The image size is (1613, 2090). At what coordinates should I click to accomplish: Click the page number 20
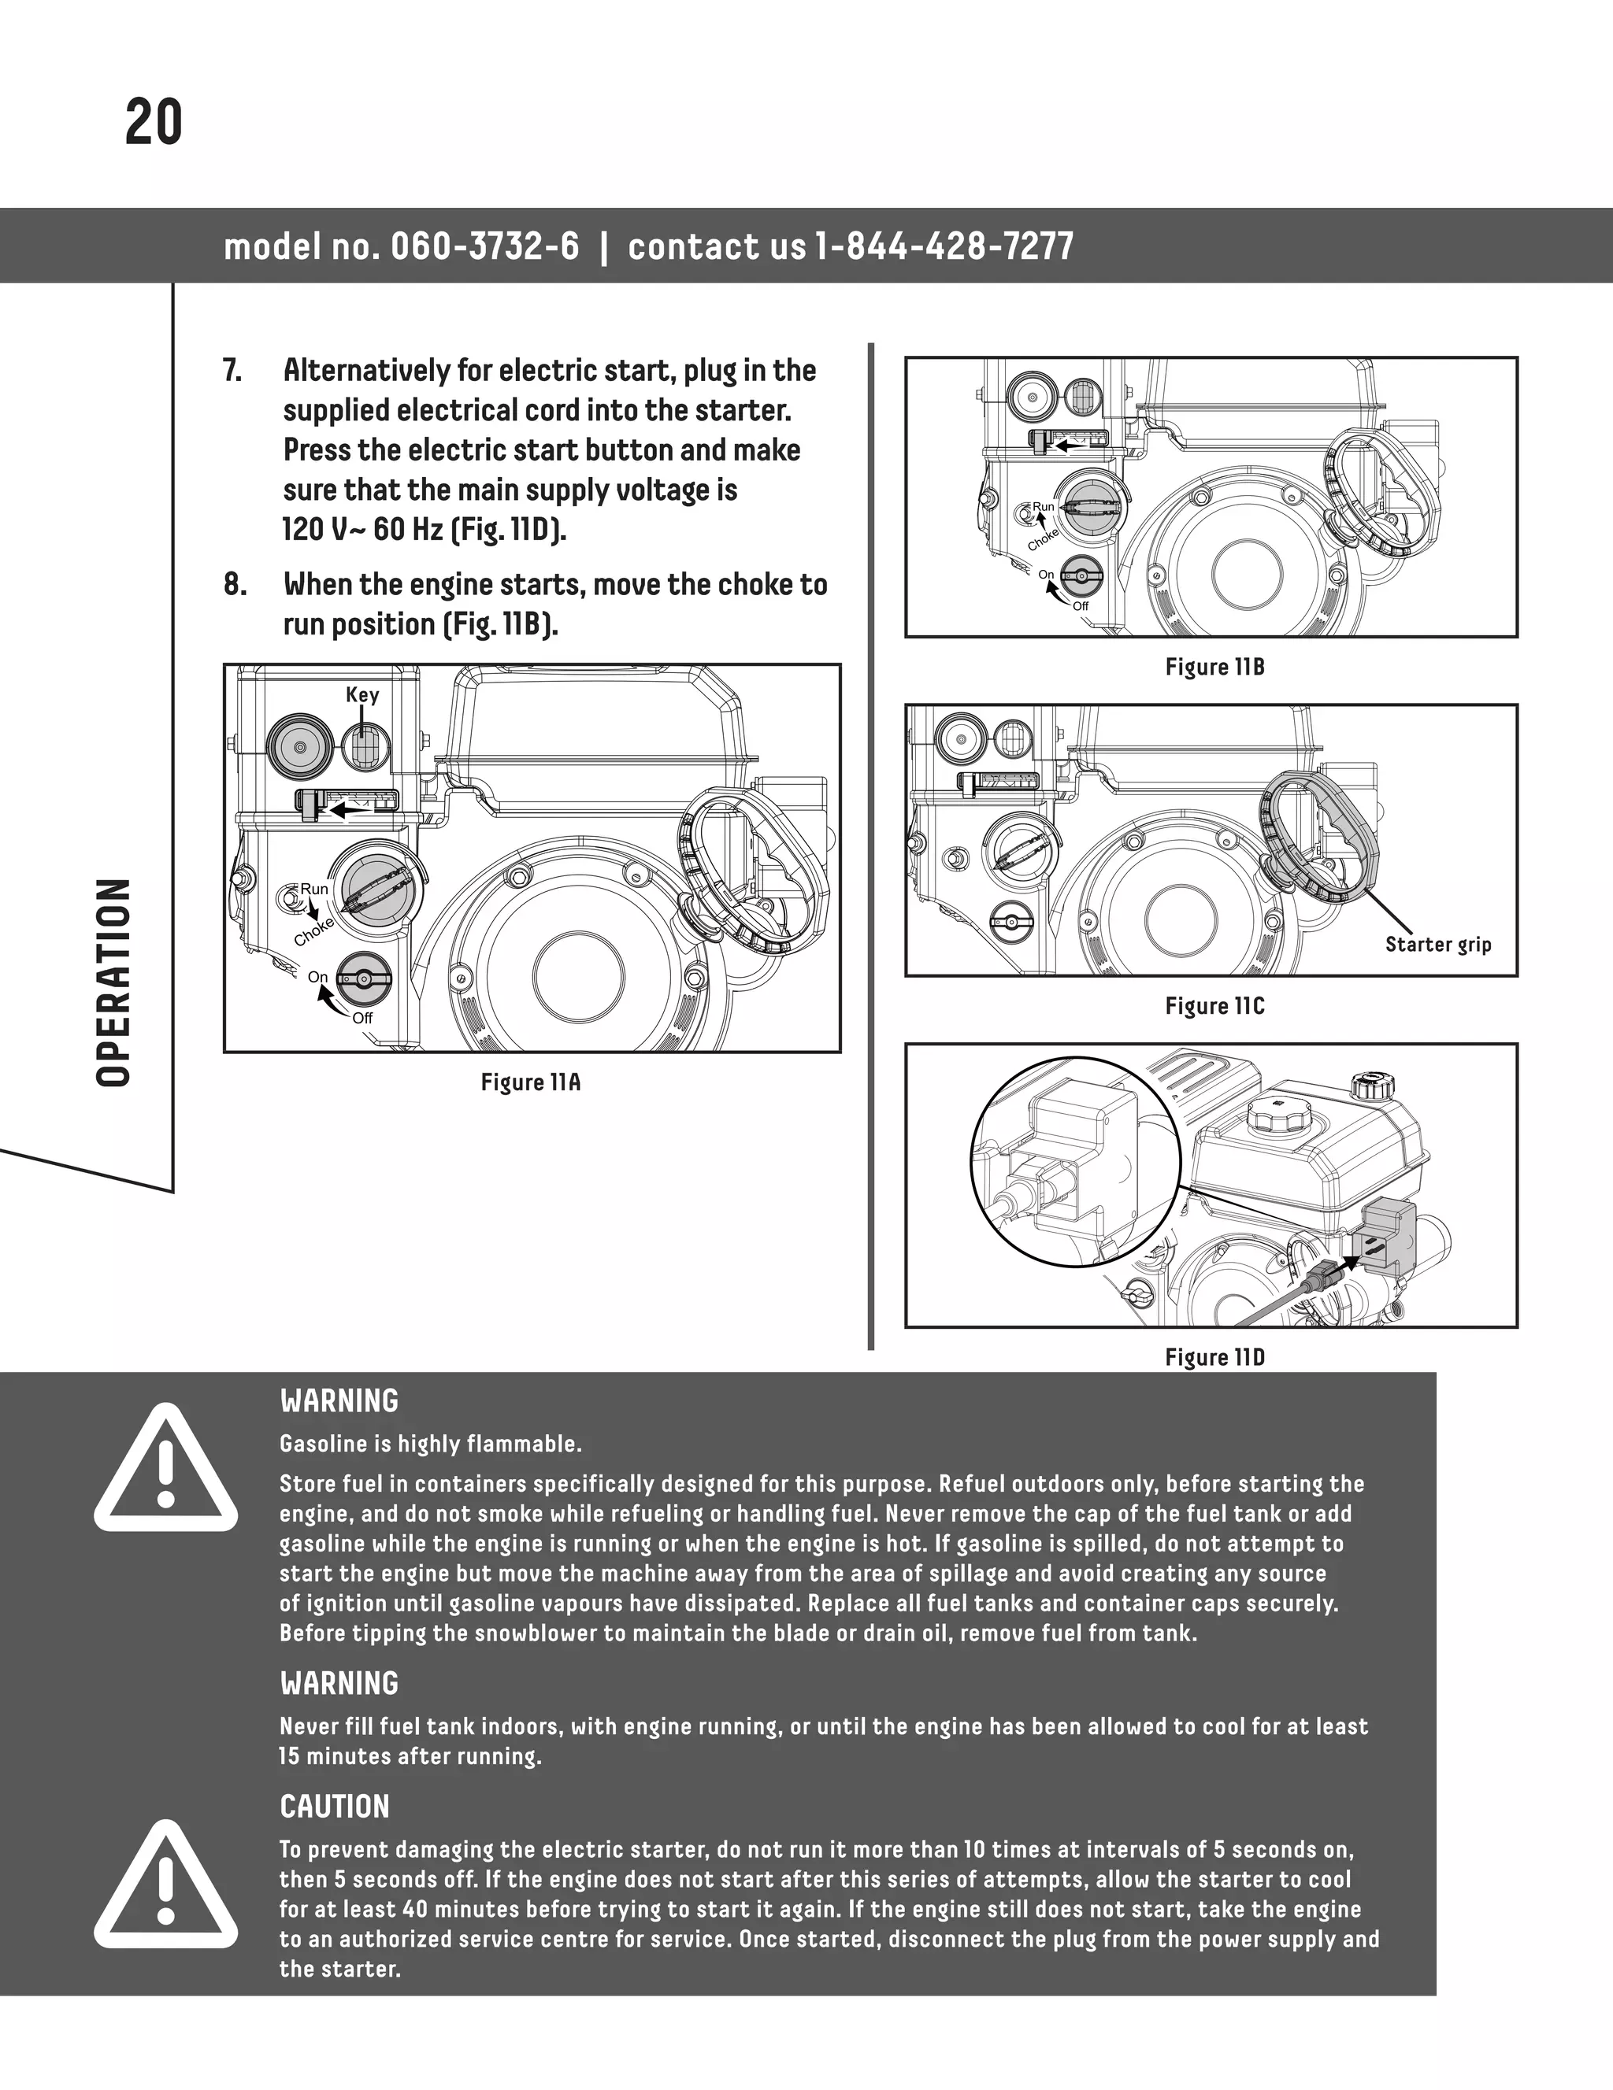coord(153,124)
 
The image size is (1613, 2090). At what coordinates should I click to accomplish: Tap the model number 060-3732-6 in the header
coord(485,247)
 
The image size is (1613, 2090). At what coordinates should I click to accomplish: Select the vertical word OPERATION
coord(114,982)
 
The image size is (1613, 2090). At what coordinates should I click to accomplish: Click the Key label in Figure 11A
coord(362,695)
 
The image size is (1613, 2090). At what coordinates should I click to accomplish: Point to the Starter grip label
coord(1438,945)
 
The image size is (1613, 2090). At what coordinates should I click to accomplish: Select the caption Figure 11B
coord(1214,667)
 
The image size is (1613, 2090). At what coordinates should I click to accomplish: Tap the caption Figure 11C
coord(1214,1006)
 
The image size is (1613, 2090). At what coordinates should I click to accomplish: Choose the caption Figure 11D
coord(1214,1357)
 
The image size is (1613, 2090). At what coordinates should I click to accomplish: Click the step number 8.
coord(235,585)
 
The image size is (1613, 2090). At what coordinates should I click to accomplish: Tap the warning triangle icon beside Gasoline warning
coord(165,1470)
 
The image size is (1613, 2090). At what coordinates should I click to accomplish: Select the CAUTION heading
coord(334,1807)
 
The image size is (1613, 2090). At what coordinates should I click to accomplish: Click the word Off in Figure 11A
coord(362,1018)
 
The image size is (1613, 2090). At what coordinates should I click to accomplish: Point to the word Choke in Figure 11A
coord(314,931)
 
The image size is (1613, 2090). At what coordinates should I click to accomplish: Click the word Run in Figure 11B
coord(1043,507)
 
